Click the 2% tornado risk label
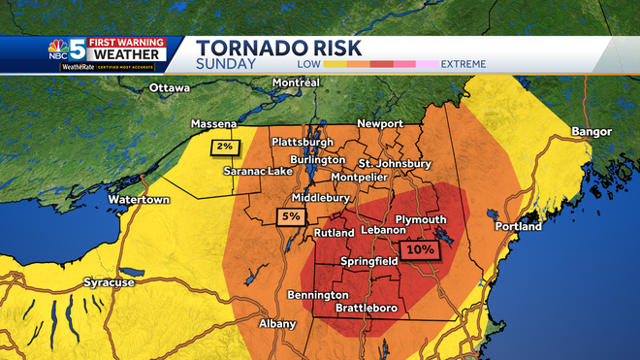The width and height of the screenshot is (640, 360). (x=224, y=147)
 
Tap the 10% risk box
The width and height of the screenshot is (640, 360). (x=420, y=249)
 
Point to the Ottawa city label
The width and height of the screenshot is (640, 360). (x=171, y=89)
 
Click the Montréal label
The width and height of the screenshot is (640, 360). (x=297, y=83)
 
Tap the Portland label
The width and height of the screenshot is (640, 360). (x=518, y=226)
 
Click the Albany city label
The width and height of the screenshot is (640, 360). (x=276, y=323)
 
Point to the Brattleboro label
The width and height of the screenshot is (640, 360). (x=368, y=308)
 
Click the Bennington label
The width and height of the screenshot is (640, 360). (x=317, y=294)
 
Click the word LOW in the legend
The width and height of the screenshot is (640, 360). (x=310, y=63)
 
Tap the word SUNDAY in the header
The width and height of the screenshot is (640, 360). (x=227, y=64)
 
